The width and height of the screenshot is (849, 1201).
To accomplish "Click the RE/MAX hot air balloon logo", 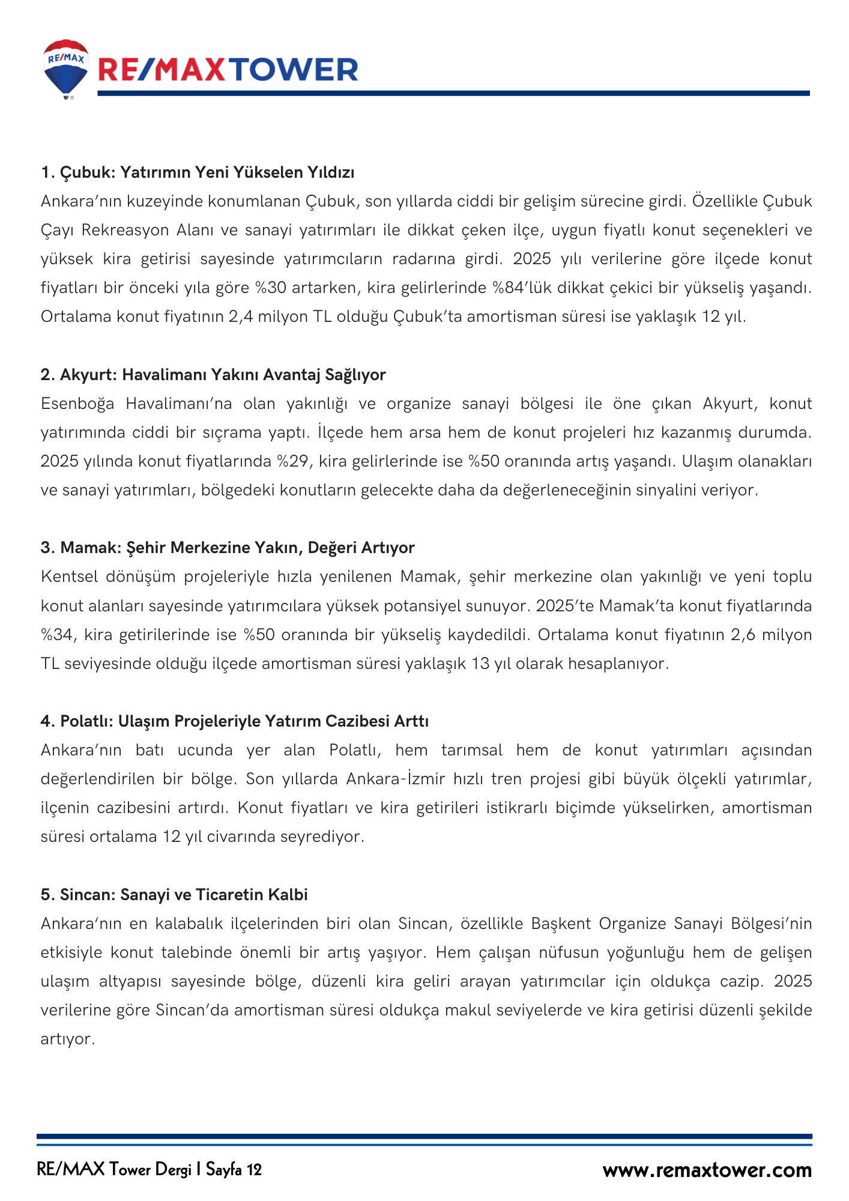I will [66, 68].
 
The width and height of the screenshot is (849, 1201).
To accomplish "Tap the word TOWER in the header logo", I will [294, 70].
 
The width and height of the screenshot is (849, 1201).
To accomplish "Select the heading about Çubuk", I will [198, 172].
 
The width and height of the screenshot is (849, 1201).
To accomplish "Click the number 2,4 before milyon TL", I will [241, 316].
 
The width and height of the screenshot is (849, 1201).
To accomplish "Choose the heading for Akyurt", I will [213, 375].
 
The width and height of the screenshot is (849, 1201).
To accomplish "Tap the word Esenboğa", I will [77, 404].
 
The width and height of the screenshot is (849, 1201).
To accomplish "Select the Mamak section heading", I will [228, 548].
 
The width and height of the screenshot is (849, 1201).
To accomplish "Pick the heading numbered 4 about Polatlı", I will [234, 721].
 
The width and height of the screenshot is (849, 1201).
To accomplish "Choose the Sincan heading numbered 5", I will [174, 895].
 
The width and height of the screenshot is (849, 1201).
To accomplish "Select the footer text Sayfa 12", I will [234, 1170].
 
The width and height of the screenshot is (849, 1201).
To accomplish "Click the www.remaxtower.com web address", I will [707, 1170].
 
